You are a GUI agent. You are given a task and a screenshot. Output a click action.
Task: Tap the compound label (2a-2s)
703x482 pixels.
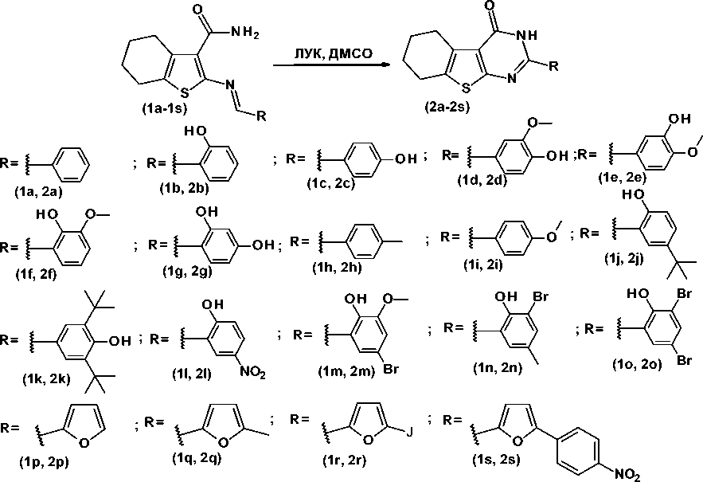coord(447,108)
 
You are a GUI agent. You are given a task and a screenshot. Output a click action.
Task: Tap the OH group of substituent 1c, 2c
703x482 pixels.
coord(405,159)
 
